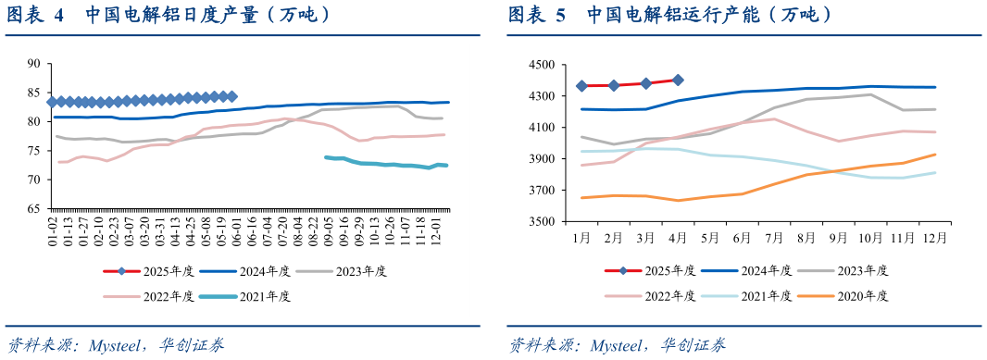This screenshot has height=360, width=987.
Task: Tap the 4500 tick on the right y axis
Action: (540, 65)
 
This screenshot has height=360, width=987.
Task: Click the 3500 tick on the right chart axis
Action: (540, 222)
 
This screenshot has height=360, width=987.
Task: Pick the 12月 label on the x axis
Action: (933, 239)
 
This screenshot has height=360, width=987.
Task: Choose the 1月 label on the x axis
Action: (581, 239)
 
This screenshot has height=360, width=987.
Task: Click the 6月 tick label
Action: (742, 239)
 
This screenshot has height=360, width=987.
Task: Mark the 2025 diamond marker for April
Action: (678, 81)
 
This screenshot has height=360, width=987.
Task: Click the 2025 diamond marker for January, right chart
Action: (581, 86)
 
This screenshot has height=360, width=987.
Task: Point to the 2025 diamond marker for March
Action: (645, 83)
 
